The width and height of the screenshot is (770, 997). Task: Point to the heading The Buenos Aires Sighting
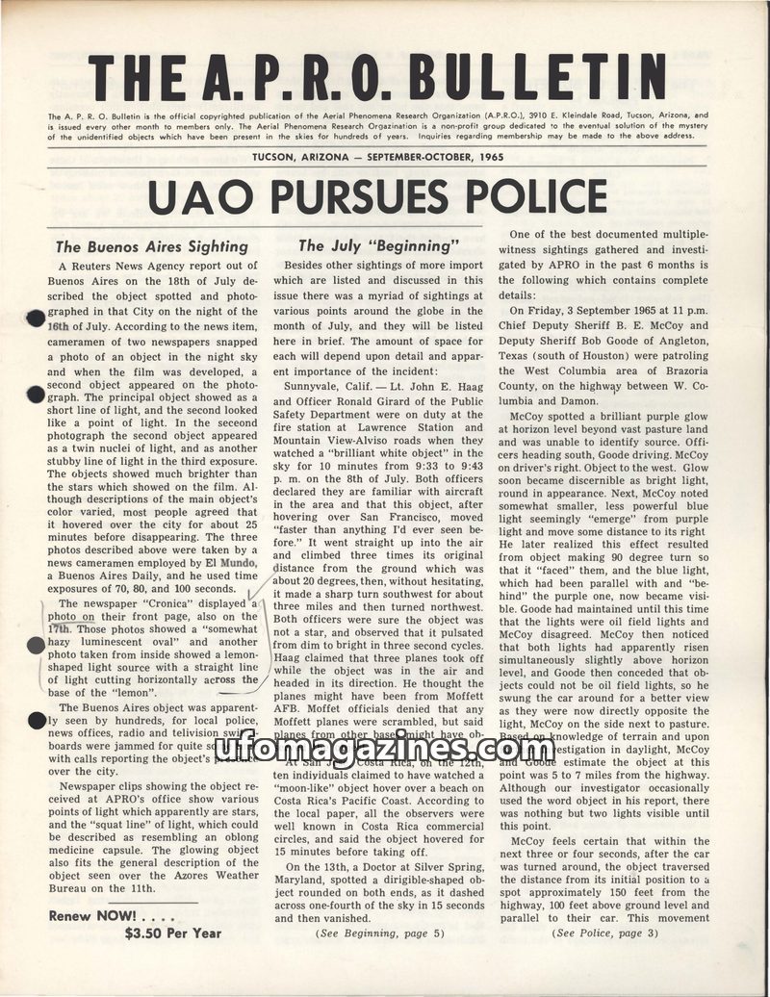(x=152, y=246)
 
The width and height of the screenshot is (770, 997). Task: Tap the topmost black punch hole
(x=36, y=320)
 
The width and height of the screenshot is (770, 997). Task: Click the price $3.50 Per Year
(x=173, y=933)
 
